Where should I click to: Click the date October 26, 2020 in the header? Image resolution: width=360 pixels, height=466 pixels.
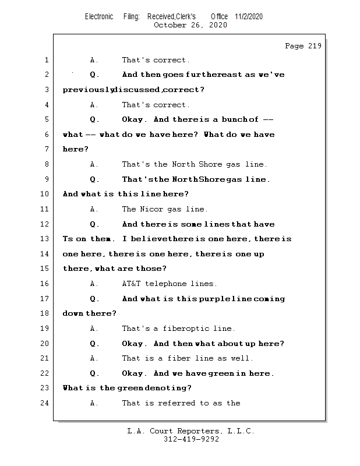tap(190, 25)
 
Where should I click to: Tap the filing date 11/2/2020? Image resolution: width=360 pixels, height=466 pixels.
tap(249, 16)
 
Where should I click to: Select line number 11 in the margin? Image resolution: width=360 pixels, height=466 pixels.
tap(46, 209)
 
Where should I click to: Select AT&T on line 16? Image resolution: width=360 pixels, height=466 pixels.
tap(132, 284)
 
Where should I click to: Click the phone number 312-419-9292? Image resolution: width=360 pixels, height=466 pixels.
tap(190, 439)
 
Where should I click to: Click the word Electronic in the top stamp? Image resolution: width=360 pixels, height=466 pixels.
tap(99, 16)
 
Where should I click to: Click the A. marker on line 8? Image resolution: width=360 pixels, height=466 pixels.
tap(94, 164)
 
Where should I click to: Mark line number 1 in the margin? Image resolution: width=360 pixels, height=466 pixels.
tap(46, 60)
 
